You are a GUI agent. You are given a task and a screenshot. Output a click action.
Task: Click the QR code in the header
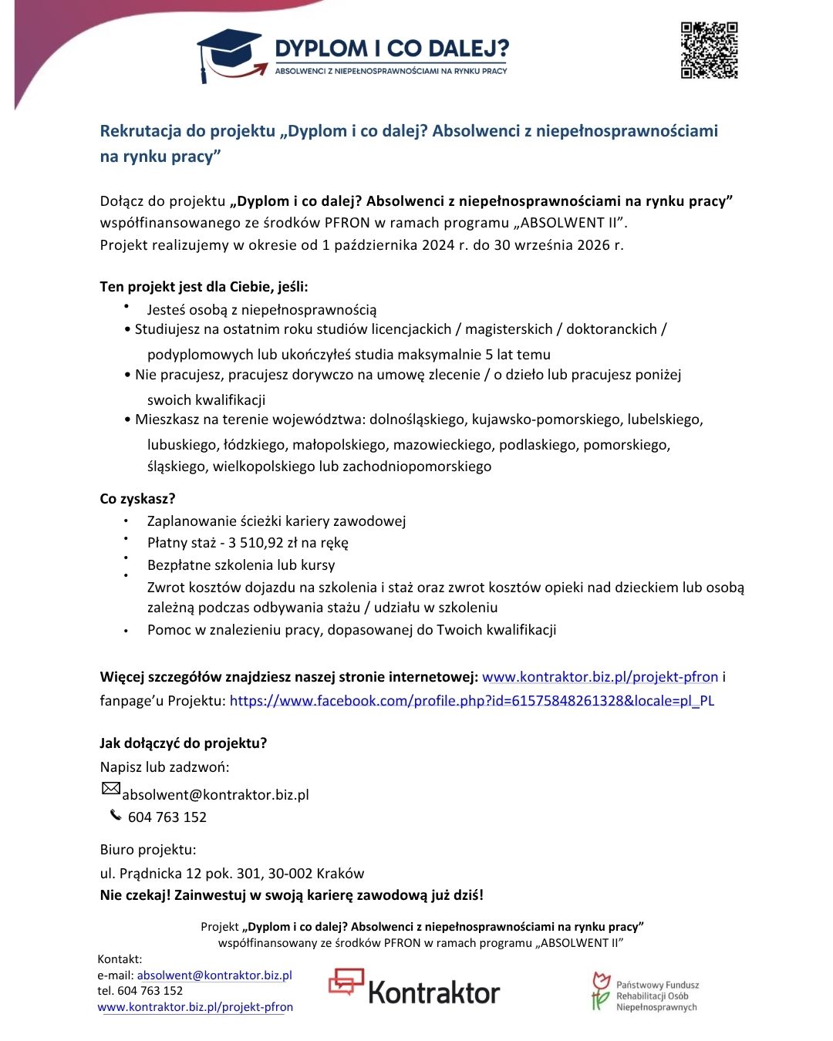point(709,51)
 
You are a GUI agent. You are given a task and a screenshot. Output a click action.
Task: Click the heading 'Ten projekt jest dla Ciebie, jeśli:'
point(204,287)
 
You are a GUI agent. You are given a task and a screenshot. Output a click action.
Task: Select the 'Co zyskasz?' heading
point(137,499)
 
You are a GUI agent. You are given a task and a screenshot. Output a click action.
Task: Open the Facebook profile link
point(471,701)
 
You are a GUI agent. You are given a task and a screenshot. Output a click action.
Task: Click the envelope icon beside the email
point(111,788)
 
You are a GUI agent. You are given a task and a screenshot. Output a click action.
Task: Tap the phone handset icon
point(116,815)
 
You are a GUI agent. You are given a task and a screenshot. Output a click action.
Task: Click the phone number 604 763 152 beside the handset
point(167,817)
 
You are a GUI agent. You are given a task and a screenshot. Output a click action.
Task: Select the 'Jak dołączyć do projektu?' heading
point(183,743)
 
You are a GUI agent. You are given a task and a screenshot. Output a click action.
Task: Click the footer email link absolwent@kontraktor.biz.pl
point(214,975)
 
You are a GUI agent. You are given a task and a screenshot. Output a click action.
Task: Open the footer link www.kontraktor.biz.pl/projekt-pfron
point(195,1007)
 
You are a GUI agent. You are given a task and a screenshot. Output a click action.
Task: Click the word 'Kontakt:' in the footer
point(120,959)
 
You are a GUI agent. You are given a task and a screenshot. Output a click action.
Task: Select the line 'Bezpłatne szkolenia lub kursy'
point(241,565)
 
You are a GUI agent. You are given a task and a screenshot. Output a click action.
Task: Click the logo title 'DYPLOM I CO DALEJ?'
point(391,49)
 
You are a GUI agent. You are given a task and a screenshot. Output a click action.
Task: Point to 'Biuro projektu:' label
point(148,850)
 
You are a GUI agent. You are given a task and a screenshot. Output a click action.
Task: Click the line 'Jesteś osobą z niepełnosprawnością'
point(261,310)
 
